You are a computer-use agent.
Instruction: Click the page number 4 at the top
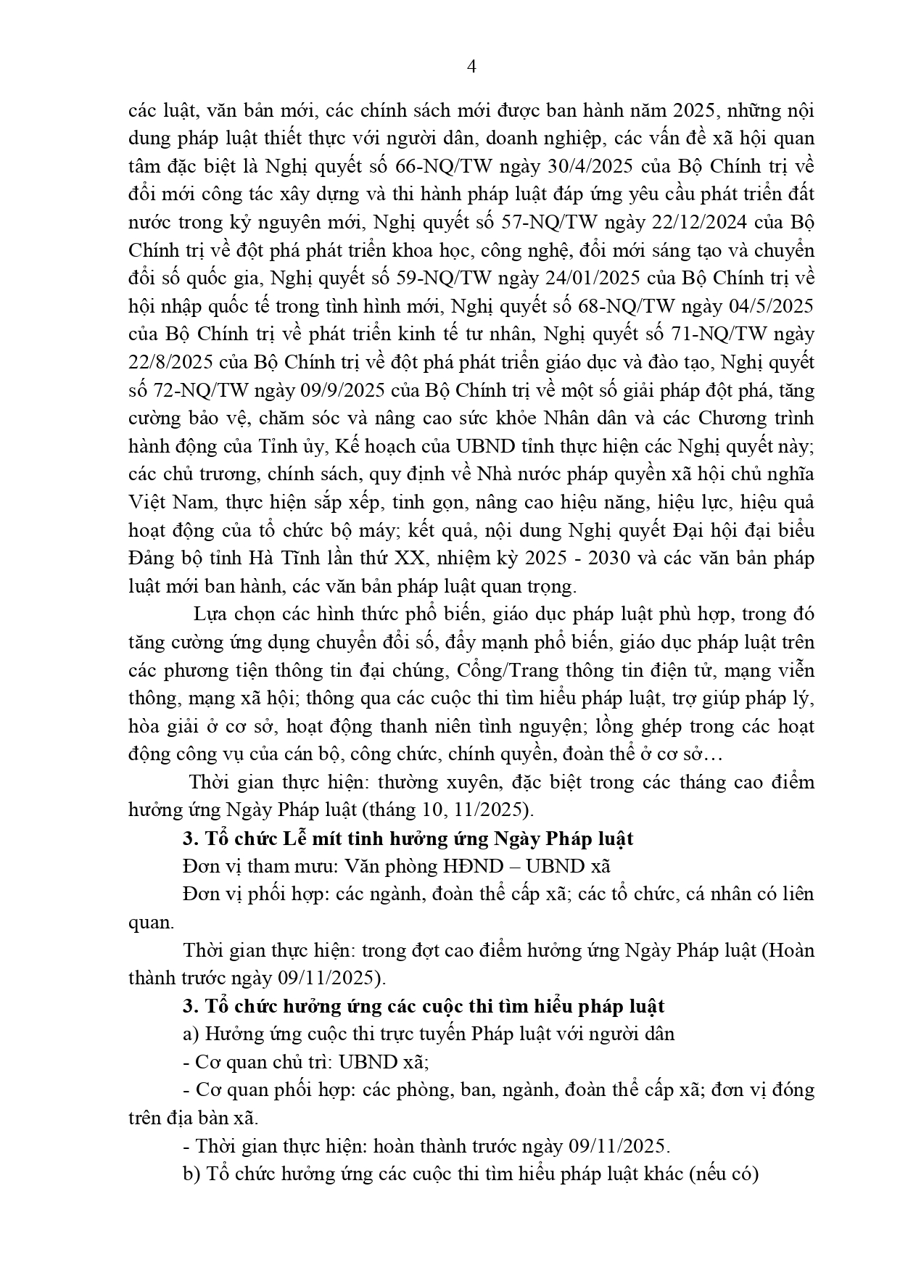click(x=472, y=67)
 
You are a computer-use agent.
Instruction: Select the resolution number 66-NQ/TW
click(x=444, y=166)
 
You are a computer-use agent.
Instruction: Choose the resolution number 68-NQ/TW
click(x=654, y=305)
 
